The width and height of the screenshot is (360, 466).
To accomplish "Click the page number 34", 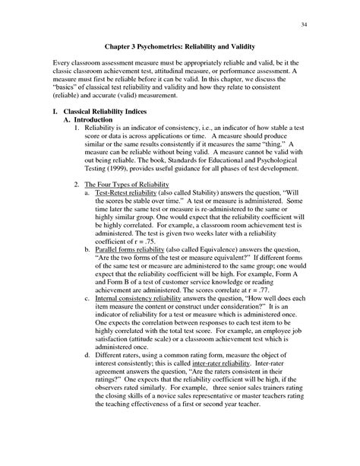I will pos(305,23).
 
